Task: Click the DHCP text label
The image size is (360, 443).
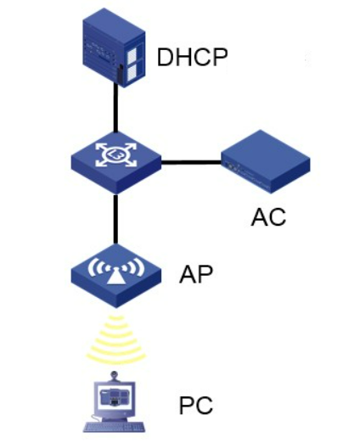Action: coord(192,57)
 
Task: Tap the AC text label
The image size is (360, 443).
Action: coord(268,217)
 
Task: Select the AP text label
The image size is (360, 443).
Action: coord(196,274)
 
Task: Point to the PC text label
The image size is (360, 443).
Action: coord(196,406)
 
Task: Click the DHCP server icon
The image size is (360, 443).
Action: coord(114,48)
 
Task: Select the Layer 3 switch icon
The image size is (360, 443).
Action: coord(116,163)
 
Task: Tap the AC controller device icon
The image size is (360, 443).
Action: coord(266,162)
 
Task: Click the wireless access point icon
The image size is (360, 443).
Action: coord(116,276)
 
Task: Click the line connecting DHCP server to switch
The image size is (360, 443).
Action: coord(115,108)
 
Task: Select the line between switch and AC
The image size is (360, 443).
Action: coord(191,162)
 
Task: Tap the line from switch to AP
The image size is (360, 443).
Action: coord(115,219)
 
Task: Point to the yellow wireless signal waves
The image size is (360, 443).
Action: coord(115,339)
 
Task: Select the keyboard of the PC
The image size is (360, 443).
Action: coord(115,427)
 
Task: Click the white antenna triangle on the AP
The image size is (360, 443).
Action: coord(116,277)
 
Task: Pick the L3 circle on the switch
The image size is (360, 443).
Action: coord(116,154)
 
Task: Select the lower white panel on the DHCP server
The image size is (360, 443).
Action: coord(132,71)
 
